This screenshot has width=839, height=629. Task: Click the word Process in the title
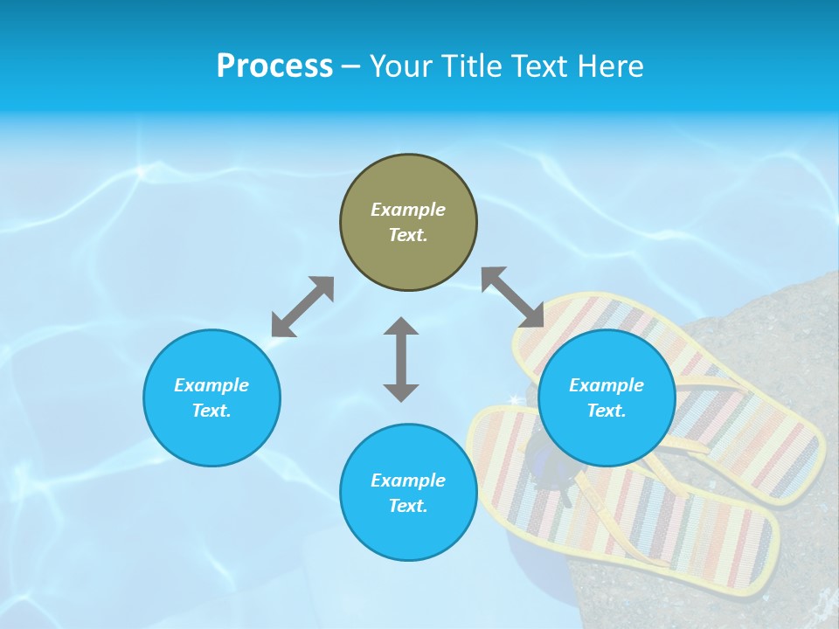274,66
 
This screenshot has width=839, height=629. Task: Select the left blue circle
211,437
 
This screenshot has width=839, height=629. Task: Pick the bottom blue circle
408,533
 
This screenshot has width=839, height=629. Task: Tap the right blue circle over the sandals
607,437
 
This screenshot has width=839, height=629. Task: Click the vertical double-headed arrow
401,359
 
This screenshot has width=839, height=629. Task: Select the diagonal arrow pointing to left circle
302,307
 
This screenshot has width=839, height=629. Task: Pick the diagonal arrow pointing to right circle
512,297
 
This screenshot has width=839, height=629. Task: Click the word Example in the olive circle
408,210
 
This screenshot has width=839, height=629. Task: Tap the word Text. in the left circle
211,411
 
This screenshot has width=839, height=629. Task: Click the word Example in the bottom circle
408,480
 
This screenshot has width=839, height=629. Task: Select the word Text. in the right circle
607,411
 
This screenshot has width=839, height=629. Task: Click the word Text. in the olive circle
408,235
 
